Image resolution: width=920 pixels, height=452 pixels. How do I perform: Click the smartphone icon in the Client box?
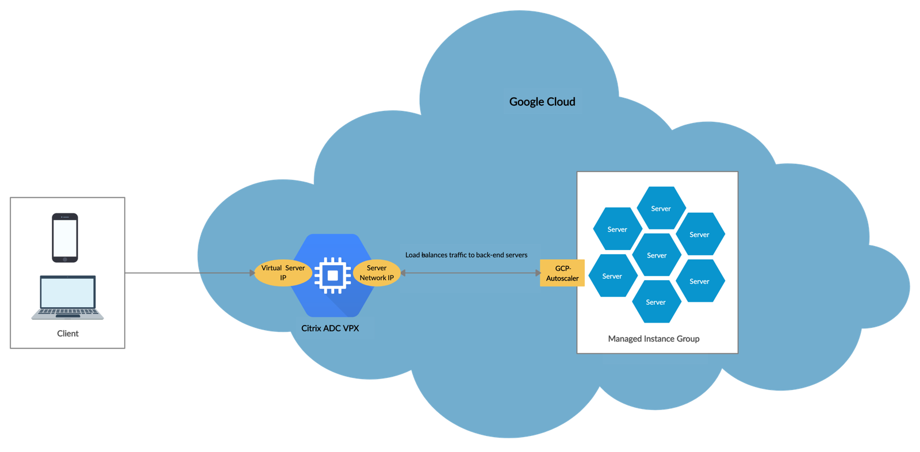65,238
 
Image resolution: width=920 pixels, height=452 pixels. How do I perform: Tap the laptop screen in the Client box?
68,293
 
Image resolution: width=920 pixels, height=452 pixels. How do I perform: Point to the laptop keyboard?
68,312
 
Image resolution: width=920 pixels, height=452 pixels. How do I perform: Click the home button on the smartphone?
65,259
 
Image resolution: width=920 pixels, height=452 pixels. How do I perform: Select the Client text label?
68,334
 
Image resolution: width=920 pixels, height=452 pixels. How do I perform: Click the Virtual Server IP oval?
283,273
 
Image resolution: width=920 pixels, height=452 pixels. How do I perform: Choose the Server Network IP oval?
377,273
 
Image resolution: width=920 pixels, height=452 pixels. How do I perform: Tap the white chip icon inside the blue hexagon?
332,275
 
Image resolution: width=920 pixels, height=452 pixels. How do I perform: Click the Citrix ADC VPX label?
330,328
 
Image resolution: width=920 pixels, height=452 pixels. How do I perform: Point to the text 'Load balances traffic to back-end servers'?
466,255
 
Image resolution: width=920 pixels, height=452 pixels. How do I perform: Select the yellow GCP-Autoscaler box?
562,273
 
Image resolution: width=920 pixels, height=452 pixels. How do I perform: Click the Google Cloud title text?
542,102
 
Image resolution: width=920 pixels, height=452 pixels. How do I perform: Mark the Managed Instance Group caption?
654,339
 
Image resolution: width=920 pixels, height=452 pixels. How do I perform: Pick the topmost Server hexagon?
661,208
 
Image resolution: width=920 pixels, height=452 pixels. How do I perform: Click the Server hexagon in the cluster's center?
657,255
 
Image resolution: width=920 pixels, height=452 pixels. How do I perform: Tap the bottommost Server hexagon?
656,302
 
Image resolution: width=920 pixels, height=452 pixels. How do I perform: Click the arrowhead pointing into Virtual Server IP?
252,273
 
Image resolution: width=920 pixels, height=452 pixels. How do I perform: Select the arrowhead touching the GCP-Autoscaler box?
538,273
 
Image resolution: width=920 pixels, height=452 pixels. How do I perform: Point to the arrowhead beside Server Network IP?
403,273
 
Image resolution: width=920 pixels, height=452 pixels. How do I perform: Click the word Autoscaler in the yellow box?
562,278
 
